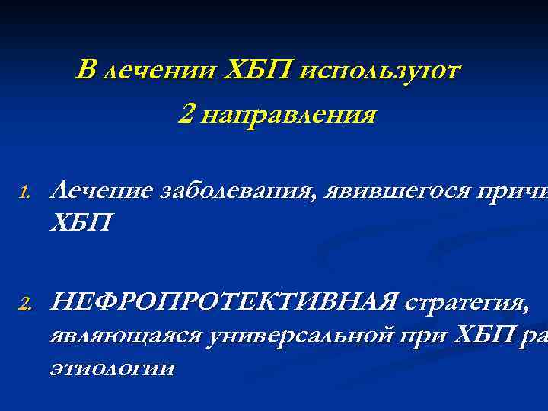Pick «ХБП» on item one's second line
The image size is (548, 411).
click(79, 224)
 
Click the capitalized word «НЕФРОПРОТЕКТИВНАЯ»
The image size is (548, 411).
click(222, 303)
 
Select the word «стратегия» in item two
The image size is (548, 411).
click(464, 304)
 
